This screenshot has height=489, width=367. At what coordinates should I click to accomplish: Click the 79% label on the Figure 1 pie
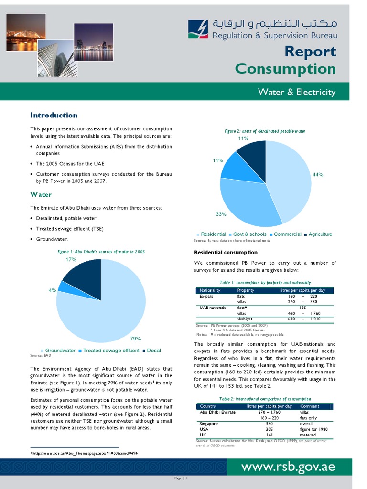135,339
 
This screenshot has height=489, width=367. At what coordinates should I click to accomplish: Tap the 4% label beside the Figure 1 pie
53,290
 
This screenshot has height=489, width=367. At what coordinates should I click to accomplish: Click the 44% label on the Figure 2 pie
318,175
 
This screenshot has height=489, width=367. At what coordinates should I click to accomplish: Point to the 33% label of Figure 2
221,214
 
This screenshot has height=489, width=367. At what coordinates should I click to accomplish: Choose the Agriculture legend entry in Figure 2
320,234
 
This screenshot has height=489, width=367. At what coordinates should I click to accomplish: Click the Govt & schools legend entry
249,234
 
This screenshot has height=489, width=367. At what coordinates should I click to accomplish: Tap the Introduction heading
54,115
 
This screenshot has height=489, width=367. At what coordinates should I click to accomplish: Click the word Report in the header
310,52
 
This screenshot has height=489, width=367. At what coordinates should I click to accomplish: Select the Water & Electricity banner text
296,92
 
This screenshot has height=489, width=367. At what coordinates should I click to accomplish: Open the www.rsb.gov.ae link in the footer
288,467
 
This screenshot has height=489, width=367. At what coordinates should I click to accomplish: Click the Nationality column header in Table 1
210,290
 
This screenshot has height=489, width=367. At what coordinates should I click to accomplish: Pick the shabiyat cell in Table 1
245,319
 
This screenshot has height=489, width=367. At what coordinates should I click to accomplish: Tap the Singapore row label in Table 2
209,424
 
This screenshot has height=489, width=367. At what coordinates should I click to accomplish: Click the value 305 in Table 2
269,429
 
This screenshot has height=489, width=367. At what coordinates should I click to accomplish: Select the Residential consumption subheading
226,252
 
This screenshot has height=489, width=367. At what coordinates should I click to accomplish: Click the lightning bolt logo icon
198,30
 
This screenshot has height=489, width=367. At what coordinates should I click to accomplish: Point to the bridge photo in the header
26,32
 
